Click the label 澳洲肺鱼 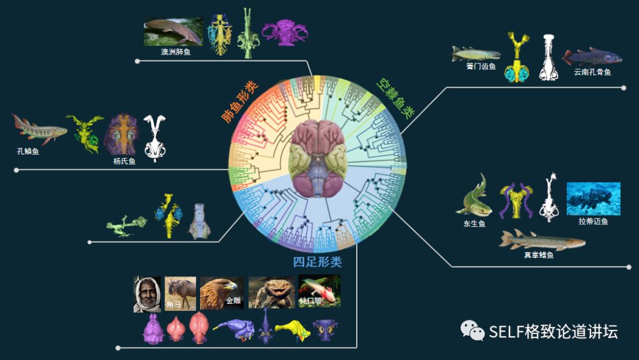(x=176, y=52)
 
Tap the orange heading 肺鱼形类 (x=240, y=101)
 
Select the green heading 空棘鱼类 (x=395, y=98)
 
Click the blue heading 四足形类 (x=317, y=262)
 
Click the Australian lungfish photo (x=173, y=32)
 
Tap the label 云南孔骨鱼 (x=592, y=72)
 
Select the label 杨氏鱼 (x=124, y=161)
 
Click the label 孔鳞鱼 (x=28, y=152)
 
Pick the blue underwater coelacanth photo (x=593, y=199)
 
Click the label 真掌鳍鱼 (x=538, y=255)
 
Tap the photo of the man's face (x=147, y=294)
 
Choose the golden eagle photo (x=221, y=293)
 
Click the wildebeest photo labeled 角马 (x=180, y=293)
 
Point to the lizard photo (x=272, y=293)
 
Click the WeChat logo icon (x=473, y=330)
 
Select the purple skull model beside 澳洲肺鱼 (x=285, y=33)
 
